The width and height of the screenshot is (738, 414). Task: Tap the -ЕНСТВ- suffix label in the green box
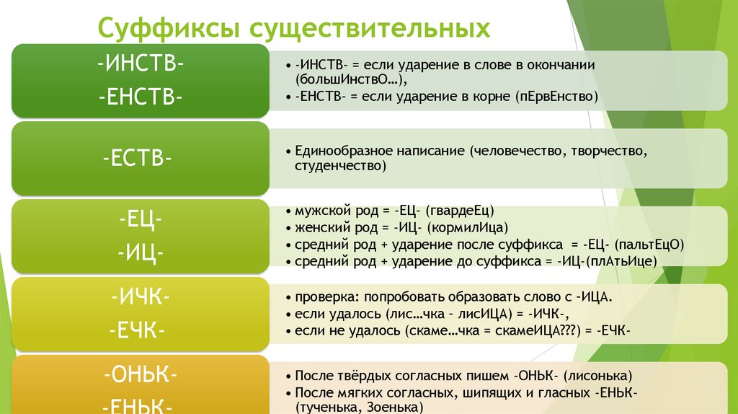point(141,95)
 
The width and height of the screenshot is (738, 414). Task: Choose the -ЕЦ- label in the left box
point(141,220)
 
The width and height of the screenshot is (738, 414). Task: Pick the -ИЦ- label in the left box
point(141,253)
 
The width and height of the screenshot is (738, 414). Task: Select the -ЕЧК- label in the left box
point(141,332)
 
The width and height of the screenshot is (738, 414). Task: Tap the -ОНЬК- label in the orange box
point(141,376)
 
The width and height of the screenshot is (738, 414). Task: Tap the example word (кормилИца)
point(462,228)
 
